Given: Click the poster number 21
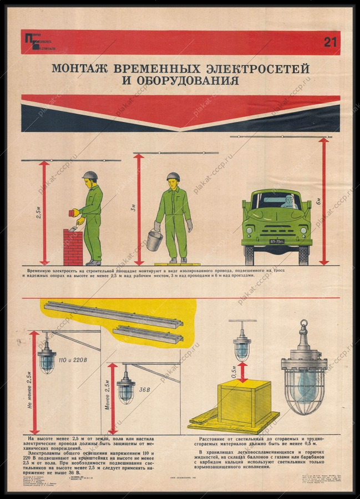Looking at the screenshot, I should coord(330,43).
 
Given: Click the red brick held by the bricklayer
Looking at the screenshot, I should coord(71,212).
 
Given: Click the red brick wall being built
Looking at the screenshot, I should coord(73,247).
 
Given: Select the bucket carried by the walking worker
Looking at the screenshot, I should coord(155,240).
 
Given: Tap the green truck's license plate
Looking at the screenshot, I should coord(277,242).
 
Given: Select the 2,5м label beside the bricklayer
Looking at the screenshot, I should coord(38,212).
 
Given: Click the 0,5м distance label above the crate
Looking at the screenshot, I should coord(234,370).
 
